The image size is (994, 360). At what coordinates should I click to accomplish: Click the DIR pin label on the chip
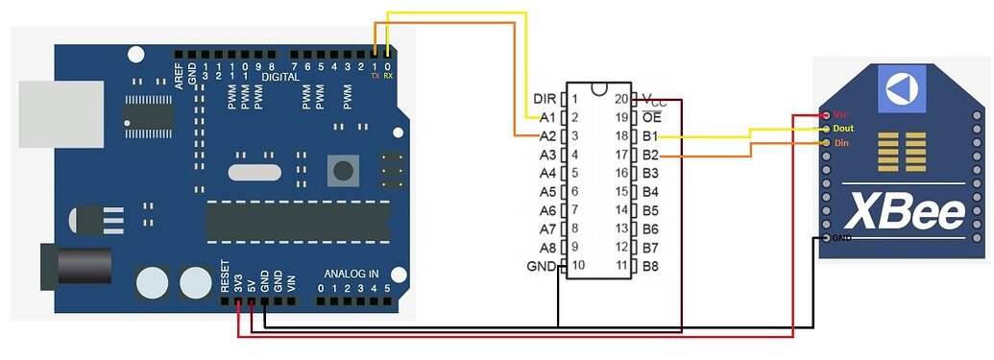click(543, 99)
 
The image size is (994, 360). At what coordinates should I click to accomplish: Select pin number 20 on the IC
click(621, 99)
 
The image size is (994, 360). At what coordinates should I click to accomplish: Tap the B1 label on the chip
click(650, 136)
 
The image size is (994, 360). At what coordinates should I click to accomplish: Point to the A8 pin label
click(547, 247)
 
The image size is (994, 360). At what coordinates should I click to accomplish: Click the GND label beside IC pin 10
click(542, 266)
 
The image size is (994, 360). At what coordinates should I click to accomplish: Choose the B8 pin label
click(650, 266)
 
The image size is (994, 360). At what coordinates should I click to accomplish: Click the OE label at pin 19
click(650, 117)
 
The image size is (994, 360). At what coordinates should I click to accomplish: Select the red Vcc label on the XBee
click(840, 113)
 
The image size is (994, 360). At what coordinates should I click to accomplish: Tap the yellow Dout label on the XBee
click(843, 128)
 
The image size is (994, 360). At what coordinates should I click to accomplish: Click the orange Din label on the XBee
click(840, 143)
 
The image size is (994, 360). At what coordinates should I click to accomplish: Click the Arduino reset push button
click(342, 172)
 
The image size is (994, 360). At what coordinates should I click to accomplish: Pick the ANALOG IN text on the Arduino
click(351, 273)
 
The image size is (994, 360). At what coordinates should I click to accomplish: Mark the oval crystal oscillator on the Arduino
click(255, 173)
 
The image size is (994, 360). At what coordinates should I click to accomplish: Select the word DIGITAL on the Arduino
click(279, 75)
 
